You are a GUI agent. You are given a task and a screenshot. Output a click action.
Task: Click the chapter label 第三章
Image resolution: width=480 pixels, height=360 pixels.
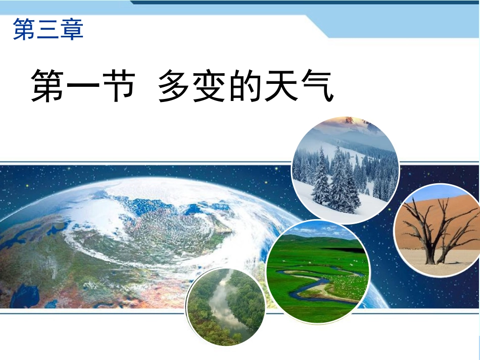click(48, 29)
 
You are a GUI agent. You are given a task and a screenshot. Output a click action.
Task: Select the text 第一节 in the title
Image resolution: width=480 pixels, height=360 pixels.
click(83, 86)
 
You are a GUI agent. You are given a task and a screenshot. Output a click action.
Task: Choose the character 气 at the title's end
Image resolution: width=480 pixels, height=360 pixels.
click(317, 86)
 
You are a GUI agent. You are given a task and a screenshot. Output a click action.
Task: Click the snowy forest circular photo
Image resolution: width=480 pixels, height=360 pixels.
click(346, 170)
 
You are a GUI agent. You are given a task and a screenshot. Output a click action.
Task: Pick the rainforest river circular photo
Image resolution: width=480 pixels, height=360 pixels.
click(225, 307)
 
